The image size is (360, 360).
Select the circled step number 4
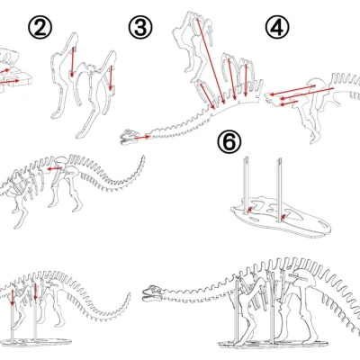(277, 28)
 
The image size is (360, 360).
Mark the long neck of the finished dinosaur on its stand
(198, 279)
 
